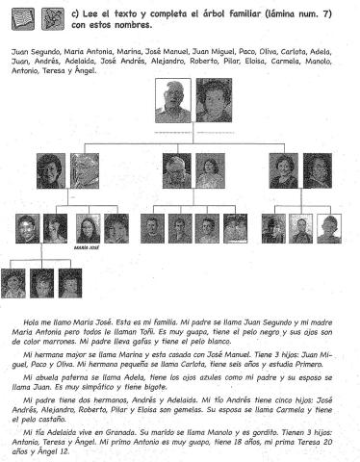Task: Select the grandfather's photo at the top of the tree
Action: [174, 100]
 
